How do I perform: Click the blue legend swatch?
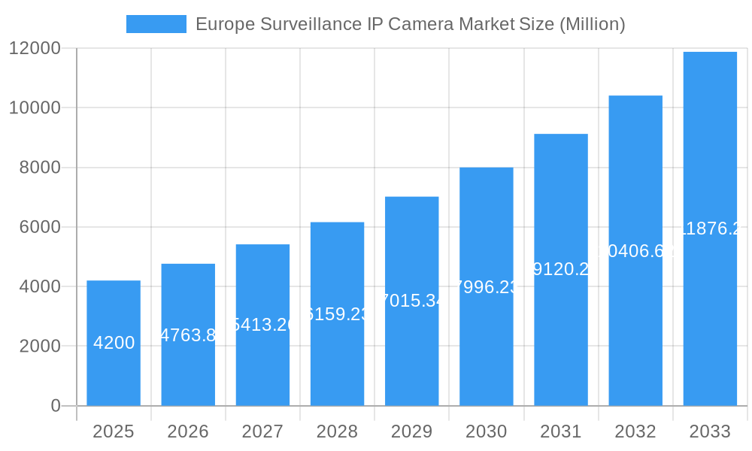click(156, 24)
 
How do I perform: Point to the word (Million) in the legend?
click(592, 24)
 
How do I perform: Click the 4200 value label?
click(114, 343)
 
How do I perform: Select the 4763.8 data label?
click(188, 335)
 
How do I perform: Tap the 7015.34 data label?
click(411, 301)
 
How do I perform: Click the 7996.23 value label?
click(487, 287)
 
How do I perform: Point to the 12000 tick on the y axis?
click(35, 48)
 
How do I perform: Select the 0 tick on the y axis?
click(56, 406)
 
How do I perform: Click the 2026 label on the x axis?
click(188, 431)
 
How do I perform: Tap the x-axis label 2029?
click(411, 431)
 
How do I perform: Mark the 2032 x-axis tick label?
click(635, 431)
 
